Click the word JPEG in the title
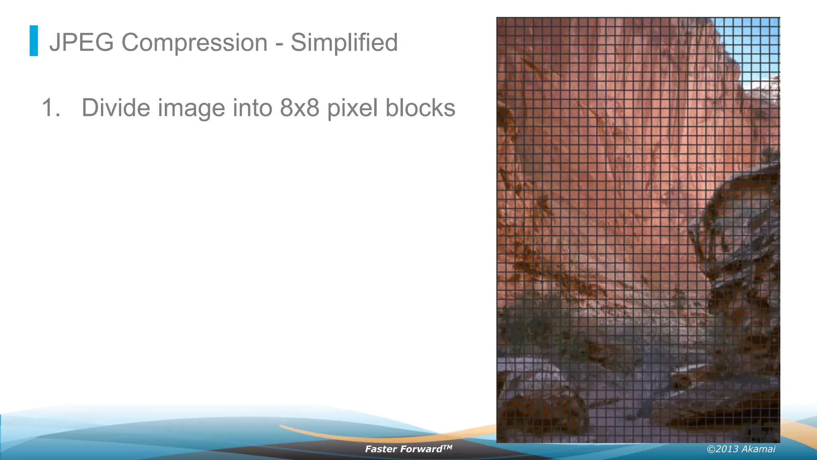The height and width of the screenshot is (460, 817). (x=81, y=42)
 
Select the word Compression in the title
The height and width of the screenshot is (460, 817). (x=194, y=42)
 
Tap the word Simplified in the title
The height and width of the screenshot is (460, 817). (x=344, y=42)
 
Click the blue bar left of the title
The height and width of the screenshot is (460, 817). (x=34, y=41)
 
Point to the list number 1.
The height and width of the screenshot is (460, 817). (x=51, y=108)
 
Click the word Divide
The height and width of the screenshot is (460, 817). (x=116, y=108)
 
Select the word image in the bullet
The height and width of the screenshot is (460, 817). (x=191, y=108)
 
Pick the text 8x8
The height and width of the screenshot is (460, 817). (x=300, y=108)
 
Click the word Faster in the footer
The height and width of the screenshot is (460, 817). (x=381, y=449)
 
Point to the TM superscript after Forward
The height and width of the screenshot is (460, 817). (x=448, y=447)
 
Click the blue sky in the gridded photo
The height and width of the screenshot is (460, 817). (x=750, y=44)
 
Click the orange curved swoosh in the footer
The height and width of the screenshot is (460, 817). (x=359, y=436)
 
